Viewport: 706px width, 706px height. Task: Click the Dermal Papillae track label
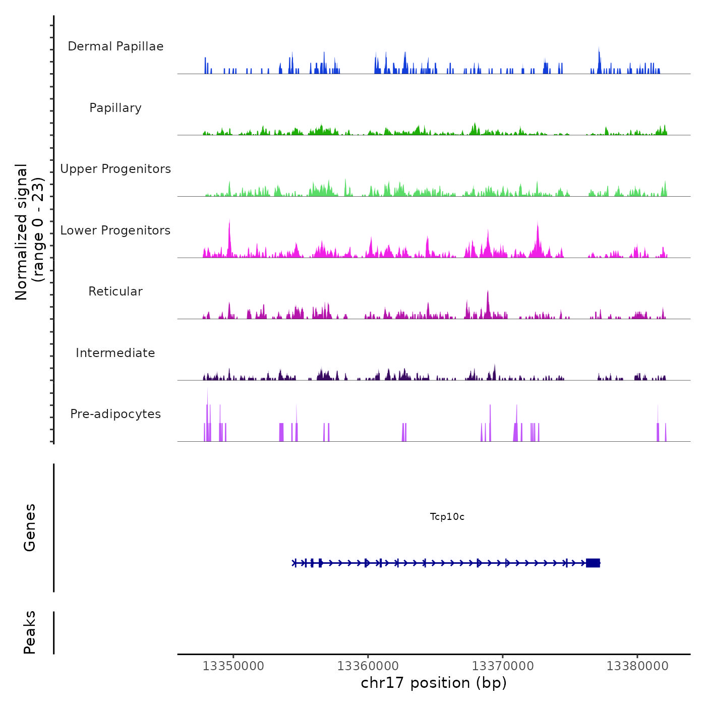(115, 46)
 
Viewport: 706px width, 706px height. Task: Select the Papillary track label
(115, 108)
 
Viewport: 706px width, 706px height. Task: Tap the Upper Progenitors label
(115, 169)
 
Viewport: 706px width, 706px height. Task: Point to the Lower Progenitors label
(115, 230)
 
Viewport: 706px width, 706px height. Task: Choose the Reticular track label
(115, 291)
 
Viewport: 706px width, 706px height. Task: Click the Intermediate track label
(115, 353)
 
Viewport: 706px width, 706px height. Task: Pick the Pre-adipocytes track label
(115, 414)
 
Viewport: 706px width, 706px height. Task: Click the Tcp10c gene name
(447, 517)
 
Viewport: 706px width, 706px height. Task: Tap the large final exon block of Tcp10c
(593, 563)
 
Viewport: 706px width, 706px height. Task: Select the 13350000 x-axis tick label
(233, 666)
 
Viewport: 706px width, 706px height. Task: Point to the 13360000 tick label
(368, 666)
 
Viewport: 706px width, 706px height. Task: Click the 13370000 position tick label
(502, 666)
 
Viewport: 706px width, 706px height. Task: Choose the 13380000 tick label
(637, 666)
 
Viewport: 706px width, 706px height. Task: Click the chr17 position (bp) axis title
(434, 683)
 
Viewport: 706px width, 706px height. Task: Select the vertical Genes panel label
(30, 527)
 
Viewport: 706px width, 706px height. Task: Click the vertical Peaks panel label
(30, 632)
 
